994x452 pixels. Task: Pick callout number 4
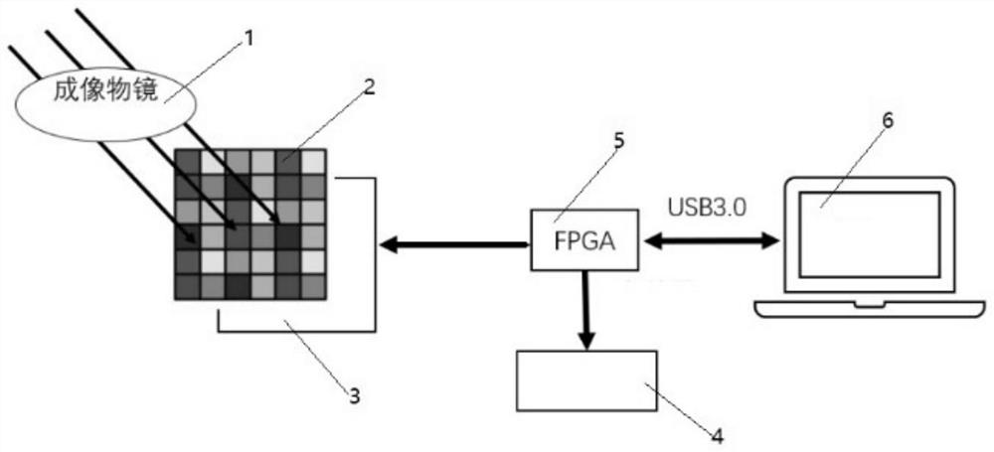(x=717, y=432)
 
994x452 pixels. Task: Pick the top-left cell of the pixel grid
(x=187, y=162)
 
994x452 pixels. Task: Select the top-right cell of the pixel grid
(x=313, y=162)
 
